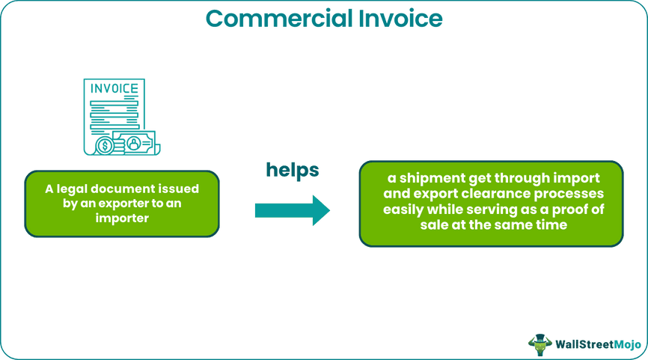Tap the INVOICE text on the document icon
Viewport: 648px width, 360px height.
[114, 89]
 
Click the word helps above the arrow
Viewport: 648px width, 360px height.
[292, 170]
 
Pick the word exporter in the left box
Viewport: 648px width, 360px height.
[131, 203]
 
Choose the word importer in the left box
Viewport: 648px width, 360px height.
[121, 218]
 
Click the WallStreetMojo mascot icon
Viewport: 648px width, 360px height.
[539, 344]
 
